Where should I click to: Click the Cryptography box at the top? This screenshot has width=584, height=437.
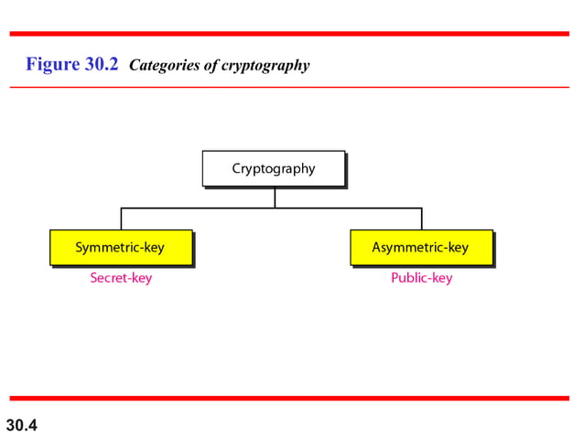point(274,168)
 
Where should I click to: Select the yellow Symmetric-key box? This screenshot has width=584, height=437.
point(121,248)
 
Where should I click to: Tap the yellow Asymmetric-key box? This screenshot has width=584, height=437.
point(421,248)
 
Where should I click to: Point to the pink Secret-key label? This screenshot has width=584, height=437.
point(121,278)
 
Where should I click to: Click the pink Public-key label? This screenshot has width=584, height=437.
point(421,278)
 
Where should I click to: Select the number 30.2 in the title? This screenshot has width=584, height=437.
point(102,65)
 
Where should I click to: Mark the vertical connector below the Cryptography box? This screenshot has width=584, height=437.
point(274,197)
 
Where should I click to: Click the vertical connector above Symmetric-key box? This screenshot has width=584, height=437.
point(121,218)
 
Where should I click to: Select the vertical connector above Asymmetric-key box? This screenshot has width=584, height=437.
point(421,218)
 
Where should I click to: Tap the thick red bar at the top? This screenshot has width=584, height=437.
point(292,34)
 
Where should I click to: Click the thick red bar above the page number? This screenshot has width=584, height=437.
point(292,399)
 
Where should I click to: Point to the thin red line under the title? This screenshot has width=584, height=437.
point(292,87)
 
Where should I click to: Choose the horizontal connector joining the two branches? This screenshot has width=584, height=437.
point(201,208)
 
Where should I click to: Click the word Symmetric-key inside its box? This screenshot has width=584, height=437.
point(120,248)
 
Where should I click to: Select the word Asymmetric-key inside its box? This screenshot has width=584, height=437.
point(420,248)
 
